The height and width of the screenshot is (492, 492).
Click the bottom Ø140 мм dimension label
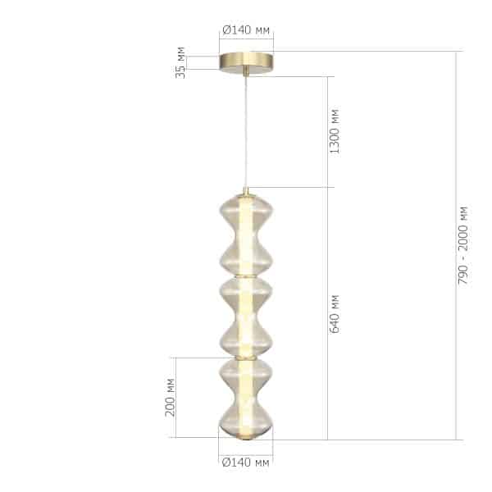pyautogui.click(x=246, y=463)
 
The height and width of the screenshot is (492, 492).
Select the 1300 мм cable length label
pyautogui.click(x=334, y=131)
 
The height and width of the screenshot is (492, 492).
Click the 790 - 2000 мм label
pyautogui.click(x=464, y=246)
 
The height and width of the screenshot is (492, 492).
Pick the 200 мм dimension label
pyautogui.click(x=171, y=397)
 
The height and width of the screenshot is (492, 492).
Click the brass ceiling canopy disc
pyautogui.click(x=246, y=63)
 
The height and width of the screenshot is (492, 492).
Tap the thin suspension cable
pyautogui.click(x=245, y=131)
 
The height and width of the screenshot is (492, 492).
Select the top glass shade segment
pyautogui.click(x=245, y=235)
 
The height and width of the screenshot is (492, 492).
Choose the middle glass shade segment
pyautogui.click(x=245, y=317)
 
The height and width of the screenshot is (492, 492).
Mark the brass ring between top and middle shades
pyautogui.click(x=245, y=276)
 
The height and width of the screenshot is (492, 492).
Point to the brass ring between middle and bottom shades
pyautogui.click(x=245, y=358)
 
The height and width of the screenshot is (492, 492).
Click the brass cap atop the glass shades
pyautogui.click(x=245, y=194)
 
